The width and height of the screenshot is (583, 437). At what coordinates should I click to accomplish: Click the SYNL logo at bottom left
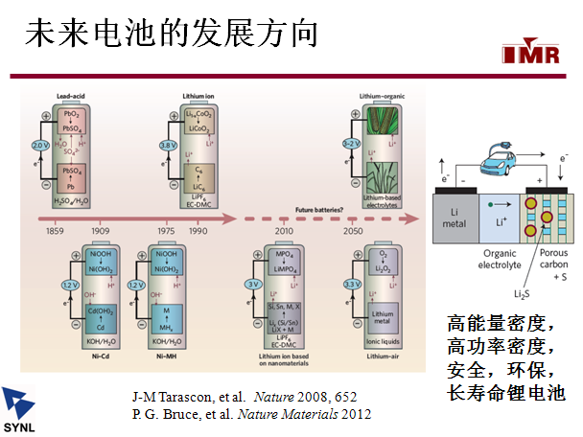pyautogui.click(x=23, y=407)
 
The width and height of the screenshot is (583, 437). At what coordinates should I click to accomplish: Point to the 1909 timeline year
pyautogui.click(x=101, y=231)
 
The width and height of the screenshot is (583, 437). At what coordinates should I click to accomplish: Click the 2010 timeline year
pyautogui.click(x=283, y=231)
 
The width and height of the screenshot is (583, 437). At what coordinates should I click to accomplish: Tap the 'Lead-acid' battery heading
pyautogui.click(x=73, y=97)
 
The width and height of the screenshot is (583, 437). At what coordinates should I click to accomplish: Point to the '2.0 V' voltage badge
pyautogui.click(x=39, y=145)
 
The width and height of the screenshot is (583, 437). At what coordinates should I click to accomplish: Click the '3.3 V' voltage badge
pyautogui.click(x=352, y=285)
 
